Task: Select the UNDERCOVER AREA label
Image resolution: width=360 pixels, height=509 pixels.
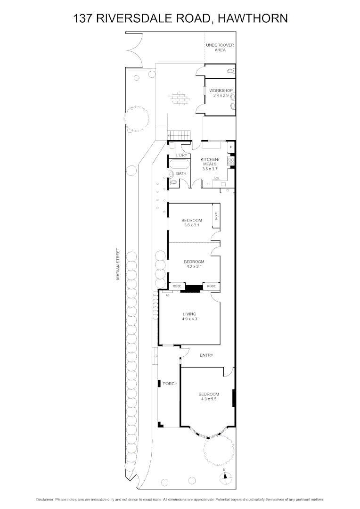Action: click(220, 47)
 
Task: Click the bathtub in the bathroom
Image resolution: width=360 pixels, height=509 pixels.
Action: click(180, 165)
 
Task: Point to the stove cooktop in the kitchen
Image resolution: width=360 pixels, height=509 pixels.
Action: click(231, 161)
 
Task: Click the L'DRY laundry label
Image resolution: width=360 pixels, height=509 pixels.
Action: click(182, 156)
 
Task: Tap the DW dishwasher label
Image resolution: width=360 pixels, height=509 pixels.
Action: click(217, 177)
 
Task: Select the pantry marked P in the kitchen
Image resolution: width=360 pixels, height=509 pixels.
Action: click(231, 147)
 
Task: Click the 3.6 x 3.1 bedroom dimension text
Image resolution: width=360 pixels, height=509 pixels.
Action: click(192, 225)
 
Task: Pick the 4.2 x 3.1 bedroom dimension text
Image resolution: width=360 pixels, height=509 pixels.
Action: click(194, 267)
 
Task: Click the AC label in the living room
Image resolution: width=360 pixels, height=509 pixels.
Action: click(167, 295)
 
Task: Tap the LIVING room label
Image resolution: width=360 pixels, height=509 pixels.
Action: click(189, 314)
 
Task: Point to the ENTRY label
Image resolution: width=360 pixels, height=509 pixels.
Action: click(206, 355)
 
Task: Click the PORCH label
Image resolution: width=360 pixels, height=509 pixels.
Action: click(170, 384)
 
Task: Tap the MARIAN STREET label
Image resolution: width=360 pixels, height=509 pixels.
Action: click(119, 264)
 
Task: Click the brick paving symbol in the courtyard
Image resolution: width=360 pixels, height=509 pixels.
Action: click(179, 99)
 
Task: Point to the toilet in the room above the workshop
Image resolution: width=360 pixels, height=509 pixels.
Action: click(229, 71)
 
